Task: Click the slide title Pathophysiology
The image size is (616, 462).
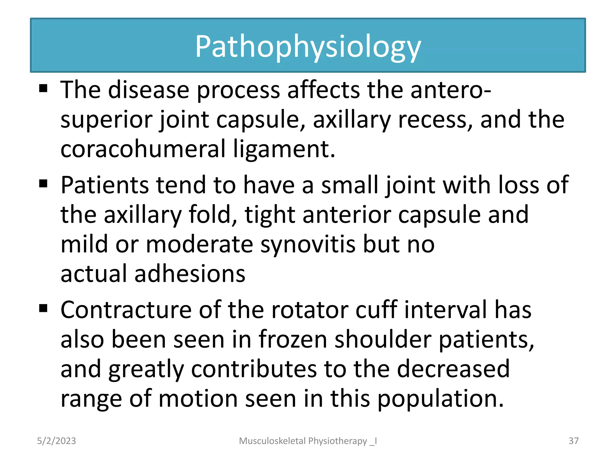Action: tap(308, 47)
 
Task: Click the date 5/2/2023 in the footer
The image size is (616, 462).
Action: tap(56, 441)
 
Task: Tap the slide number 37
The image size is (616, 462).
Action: tap(574, 441)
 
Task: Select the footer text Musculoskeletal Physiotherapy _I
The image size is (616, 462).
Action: tap(308, 441)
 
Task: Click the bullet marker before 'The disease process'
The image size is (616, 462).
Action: tap(43, 88)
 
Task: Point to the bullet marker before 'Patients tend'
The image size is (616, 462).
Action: tap(43, 183)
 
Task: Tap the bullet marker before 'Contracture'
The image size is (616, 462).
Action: tap(43, 308)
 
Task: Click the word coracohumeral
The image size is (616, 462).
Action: tap(143, 149)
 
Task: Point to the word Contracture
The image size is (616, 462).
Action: tap(126, 310)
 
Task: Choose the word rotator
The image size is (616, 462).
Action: tap(310, 310)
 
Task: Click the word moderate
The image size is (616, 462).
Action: tap(199, 244)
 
